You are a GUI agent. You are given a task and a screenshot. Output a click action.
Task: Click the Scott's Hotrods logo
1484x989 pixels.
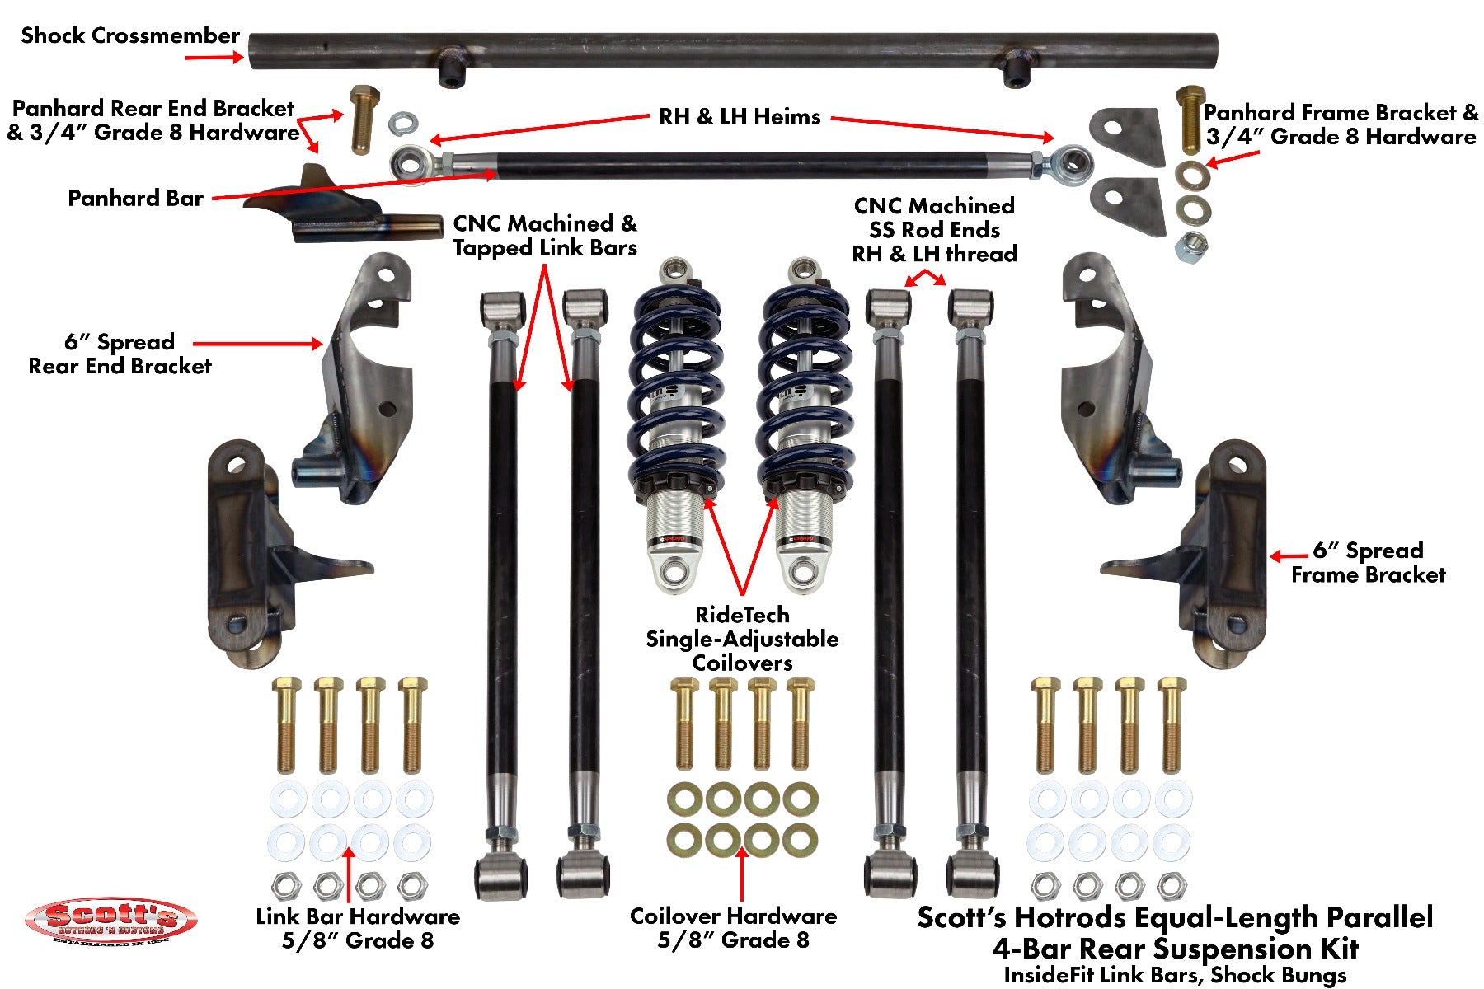click(x=110, y=921)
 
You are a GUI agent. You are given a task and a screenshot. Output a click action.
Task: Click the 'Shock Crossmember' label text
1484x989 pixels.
click(x=130, y=35)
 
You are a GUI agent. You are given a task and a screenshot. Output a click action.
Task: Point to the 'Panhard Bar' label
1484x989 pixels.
click(x=135, y=199)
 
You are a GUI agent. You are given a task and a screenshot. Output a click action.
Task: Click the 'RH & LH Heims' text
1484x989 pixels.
click(x=740, y=117)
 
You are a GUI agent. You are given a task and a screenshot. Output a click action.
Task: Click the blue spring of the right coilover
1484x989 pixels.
click(x=803, y=387)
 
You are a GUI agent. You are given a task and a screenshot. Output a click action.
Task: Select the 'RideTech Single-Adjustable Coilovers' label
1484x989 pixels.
click(x=742, y=639)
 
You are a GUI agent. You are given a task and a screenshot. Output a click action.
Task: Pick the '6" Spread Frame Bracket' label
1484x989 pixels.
click(x=1369, y=563)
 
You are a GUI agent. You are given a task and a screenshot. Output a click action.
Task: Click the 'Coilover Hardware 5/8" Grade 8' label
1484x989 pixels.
click(x=733, y=928)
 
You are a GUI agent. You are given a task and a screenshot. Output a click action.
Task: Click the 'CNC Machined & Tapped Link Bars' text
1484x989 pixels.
click(x=545, y=236)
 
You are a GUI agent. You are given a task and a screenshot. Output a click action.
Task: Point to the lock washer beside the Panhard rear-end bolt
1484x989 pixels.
click(x=402, y=124)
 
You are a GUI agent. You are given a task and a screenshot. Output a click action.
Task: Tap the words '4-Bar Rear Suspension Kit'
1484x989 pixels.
click(x=1175, y=948)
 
